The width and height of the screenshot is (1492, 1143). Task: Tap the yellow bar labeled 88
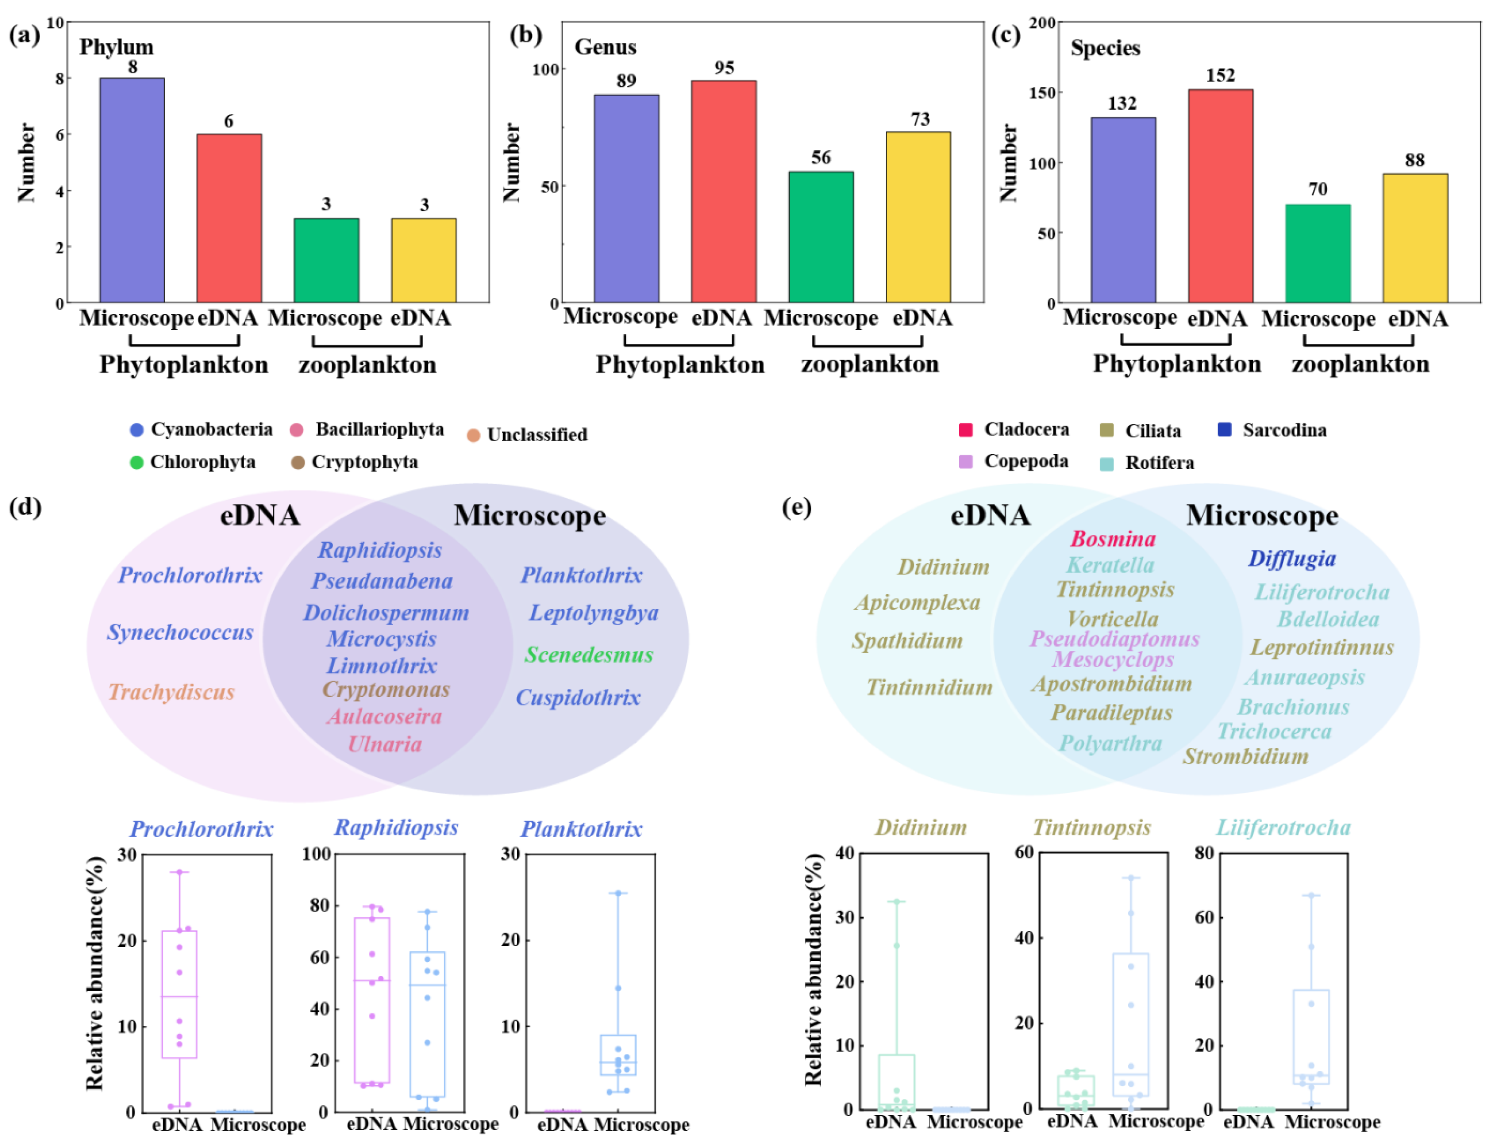(1415, 238)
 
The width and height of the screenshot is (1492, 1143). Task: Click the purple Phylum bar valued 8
(132, 190)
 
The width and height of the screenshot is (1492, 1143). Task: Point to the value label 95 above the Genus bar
(724, 68)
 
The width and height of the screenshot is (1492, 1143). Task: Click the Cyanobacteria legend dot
(137, 430)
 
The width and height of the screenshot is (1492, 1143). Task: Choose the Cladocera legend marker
(965, 430)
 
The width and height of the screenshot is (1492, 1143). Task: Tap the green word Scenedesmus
(589, 654)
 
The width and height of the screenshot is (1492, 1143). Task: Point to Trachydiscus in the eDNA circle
(171, 692)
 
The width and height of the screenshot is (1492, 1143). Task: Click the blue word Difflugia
(1291, 559)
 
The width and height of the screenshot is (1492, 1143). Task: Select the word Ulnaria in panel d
(385, 744)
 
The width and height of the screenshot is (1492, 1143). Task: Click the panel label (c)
(1005, 36)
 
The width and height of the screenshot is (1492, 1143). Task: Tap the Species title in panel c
(1106, 48)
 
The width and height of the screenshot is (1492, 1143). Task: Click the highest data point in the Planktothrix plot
(618, 893)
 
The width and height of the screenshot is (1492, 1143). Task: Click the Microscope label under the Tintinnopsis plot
(1156, 1121)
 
